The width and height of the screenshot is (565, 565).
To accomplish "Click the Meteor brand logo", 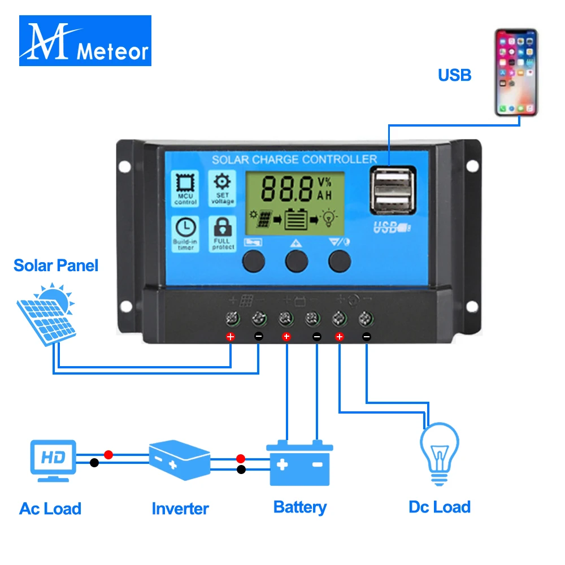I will pos(85,40).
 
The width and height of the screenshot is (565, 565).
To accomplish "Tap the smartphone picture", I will pos(516,72).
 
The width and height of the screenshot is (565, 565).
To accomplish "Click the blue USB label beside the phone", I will pos(454,75).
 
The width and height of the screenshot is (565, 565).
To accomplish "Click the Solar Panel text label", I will pos(56,265).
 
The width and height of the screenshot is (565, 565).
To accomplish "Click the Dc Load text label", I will pos(440,507).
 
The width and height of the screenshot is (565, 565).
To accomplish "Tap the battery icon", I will pos(299,463).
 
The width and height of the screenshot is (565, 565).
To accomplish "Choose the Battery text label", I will pos(299,507).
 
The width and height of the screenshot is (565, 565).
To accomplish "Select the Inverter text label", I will pos(180,508).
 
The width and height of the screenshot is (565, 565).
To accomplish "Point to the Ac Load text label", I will pos(50,508).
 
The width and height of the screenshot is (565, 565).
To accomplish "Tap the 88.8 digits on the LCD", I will pos(286,188).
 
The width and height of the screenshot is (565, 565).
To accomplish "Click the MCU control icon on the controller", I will pos(185,188).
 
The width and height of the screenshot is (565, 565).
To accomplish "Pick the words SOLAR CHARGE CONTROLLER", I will pos(294,159).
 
